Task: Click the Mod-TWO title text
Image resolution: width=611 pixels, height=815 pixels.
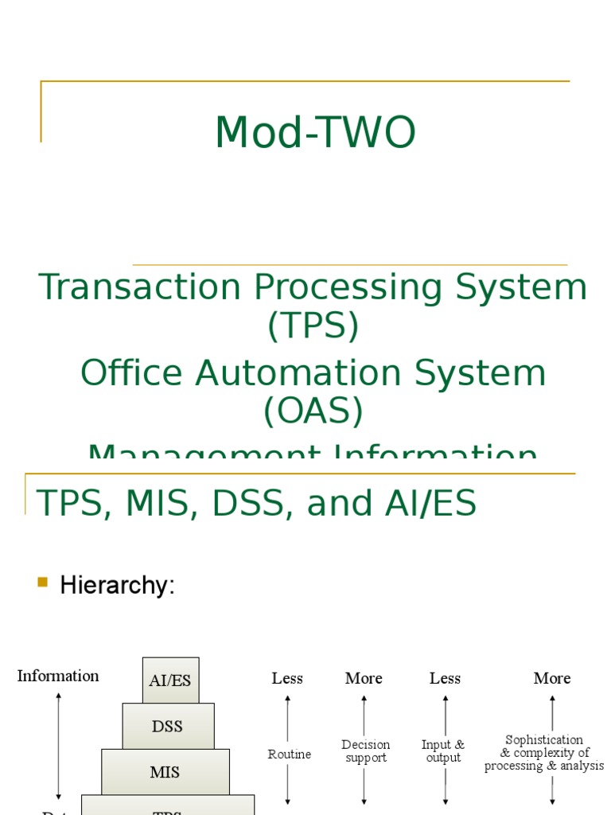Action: pos(315,133)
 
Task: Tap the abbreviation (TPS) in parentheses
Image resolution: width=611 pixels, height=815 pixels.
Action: pos(313,326)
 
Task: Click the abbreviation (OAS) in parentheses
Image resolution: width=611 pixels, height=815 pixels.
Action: pos(313,411)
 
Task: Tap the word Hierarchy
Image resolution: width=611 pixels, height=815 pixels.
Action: pos(117,586)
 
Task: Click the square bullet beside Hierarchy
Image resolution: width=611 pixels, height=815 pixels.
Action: pos(43,583)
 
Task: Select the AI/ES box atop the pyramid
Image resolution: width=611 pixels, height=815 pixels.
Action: pos(170,680)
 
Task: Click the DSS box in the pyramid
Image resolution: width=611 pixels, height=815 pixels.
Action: pos(167,726)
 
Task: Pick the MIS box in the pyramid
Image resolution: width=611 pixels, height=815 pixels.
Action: pos(165,772)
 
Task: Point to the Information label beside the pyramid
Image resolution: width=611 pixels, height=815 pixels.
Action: pos(58,676)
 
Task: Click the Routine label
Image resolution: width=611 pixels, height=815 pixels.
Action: pos(290,754)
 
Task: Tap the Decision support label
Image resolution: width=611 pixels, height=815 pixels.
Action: pos(365,751)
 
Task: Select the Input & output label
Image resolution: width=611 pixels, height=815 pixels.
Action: pos(443,751)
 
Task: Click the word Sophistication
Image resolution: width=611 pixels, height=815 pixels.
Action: pos(544,740)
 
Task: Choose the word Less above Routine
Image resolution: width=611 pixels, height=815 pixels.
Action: pos(287,678)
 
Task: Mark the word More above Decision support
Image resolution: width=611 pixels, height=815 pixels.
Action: pos(364,678)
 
